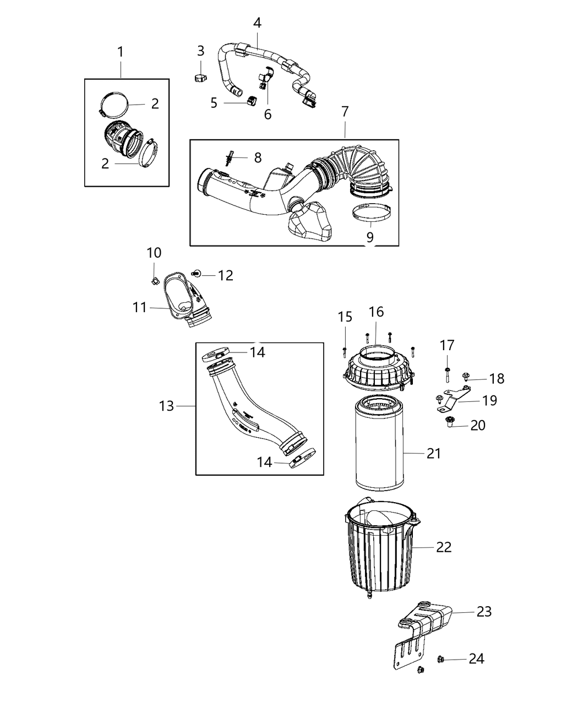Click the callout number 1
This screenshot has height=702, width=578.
click(121, 52)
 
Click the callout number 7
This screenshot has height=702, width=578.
click(345, 111)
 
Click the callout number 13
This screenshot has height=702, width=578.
click(166, 406)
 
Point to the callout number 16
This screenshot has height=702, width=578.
click(376, 312)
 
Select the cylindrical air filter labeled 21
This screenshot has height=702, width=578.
click(380, 446)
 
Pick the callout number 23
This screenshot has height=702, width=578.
click(484, 612)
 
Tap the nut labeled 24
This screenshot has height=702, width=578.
click(441, 659)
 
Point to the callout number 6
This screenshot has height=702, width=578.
click(268, 114)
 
